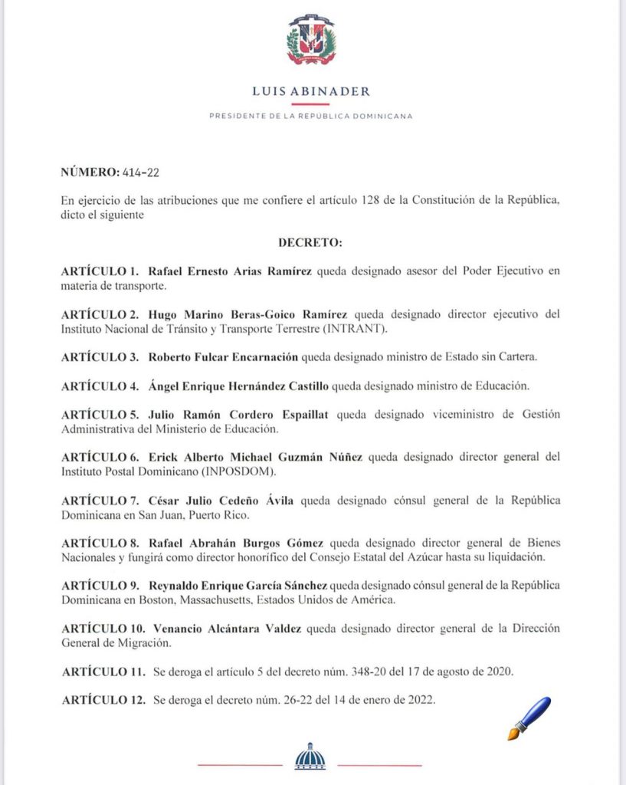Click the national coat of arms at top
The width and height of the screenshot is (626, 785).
click(x=311, y=39)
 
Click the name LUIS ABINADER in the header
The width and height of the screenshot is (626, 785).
click(x=311, y=91)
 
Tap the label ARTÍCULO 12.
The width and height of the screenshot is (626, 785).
click(x=103, y=701)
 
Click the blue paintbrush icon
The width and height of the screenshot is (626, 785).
click(x=529, y=718)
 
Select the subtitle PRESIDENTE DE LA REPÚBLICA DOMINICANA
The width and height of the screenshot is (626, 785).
click(x=311, y=117)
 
